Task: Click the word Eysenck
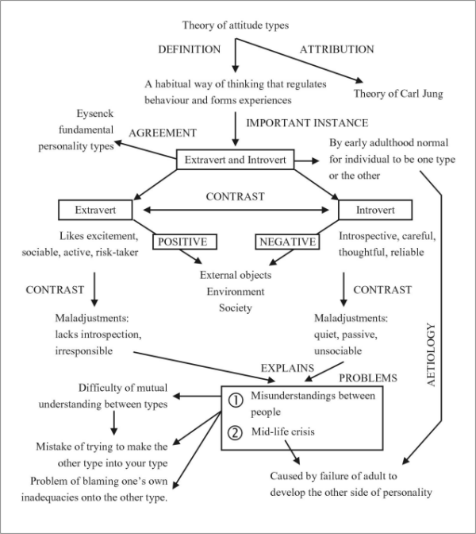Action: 96,114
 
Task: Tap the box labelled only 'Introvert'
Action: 374,211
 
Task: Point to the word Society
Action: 236,308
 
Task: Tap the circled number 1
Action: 235,400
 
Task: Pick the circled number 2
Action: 235,434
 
